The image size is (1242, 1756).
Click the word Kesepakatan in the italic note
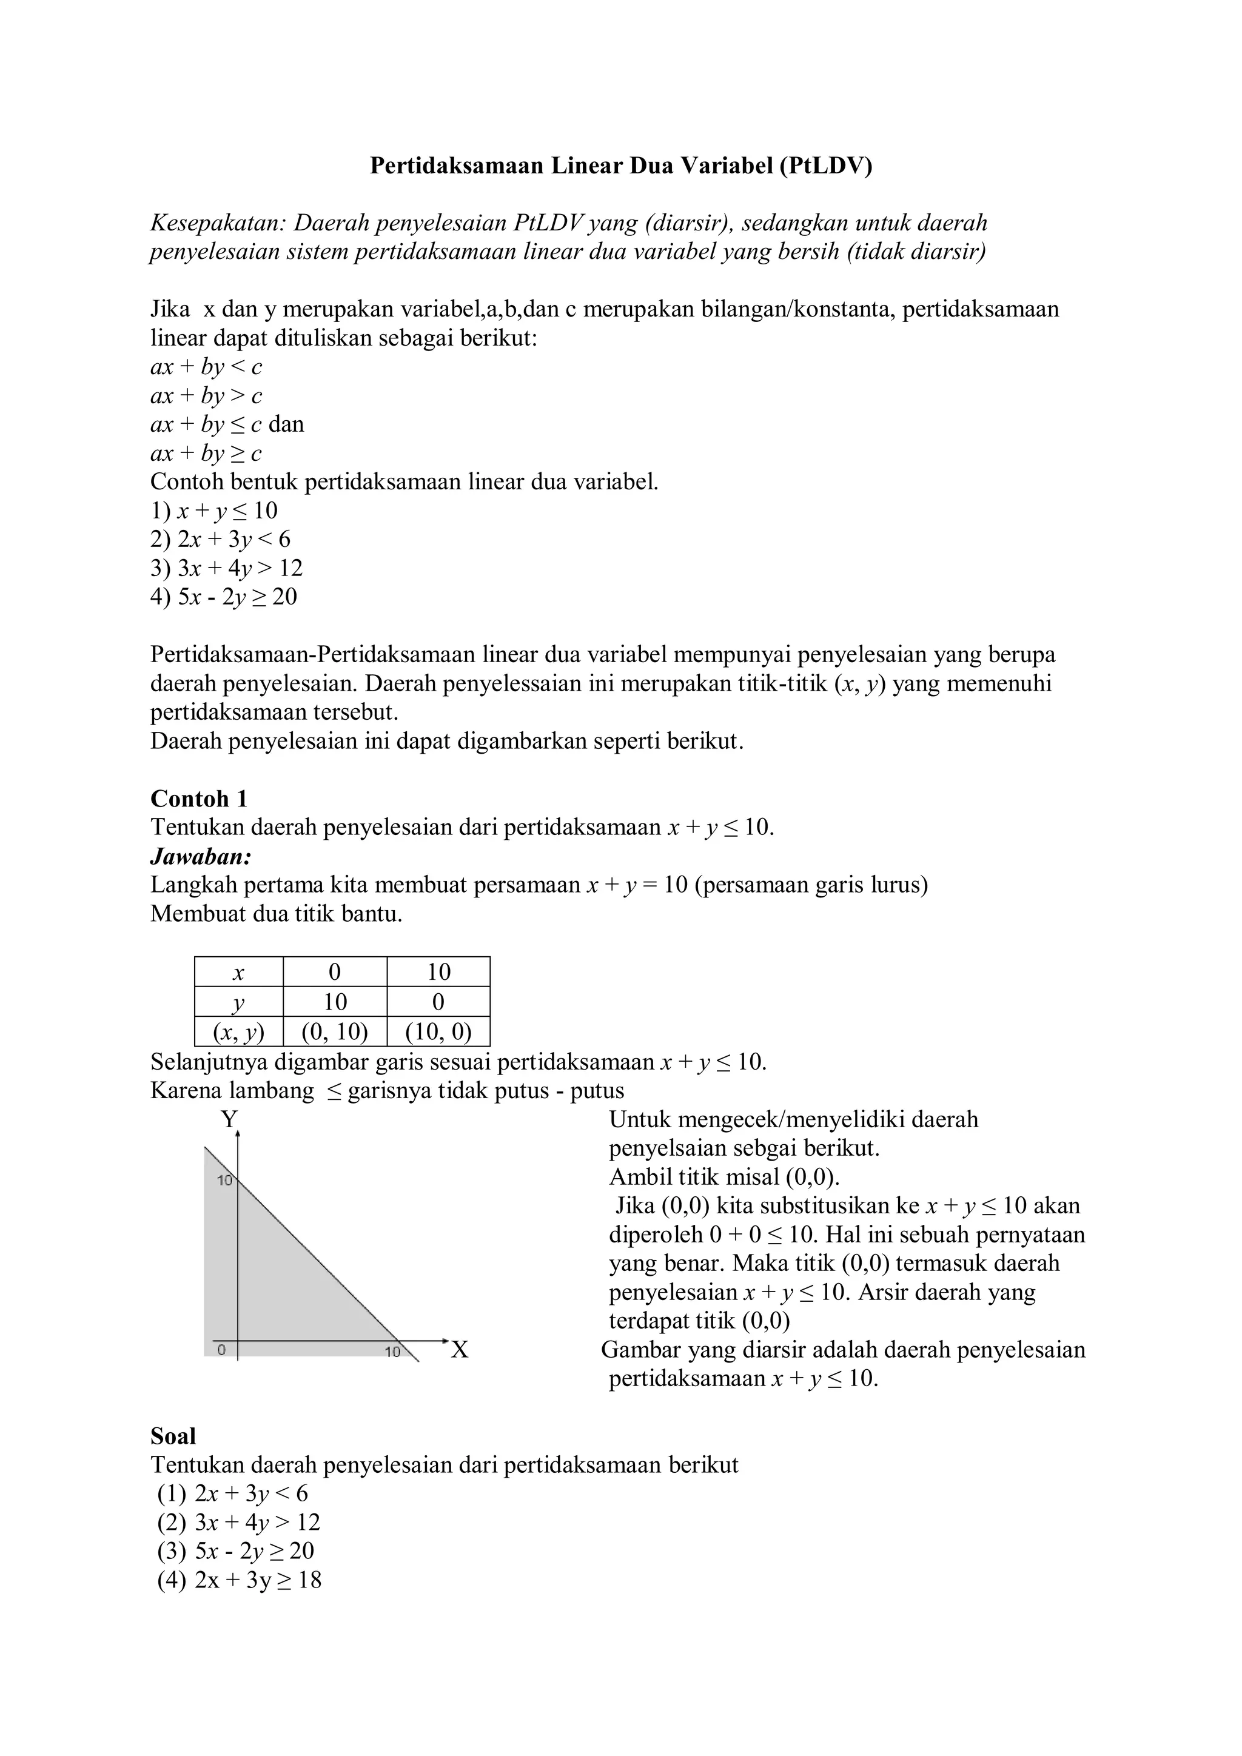[217, 223]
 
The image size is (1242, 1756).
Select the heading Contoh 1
[199, 799]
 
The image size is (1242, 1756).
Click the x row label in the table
[238, 972]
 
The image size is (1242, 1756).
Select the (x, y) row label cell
[238, 1033]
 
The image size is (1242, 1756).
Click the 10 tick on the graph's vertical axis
[224, 1181]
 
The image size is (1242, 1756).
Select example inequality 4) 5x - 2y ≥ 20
[223, 597]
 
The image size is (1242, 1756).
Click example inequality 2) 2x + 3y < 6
[220, 539]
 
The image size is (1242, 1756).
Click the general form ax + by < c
[206, 367]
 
